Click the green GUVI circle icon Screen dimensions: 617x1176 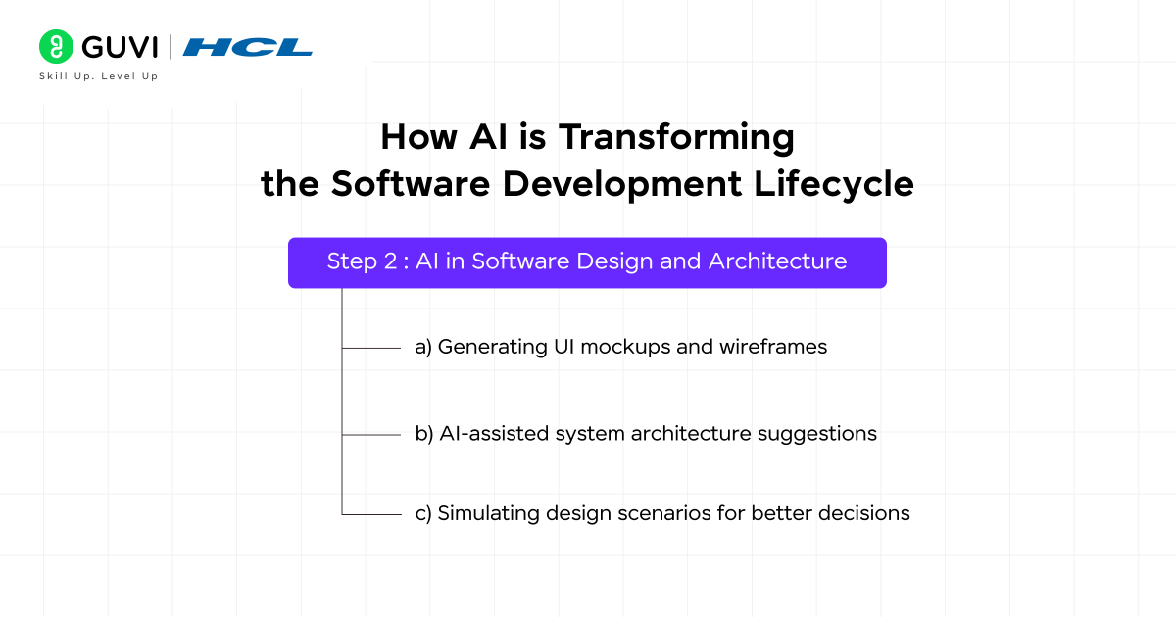point(56,47)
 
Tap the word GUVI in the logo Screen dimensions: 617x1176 point(117,47)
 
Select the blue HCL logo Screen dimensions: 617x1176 point(247,47)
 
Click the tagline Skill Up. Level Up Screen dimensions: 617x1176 point(98,76)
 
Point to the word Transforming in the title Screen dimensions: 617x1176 point(676,137)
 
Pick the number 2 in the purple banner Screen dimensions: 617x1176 point(391,262)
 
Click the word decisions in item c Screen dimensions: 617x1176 point(866,513)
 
